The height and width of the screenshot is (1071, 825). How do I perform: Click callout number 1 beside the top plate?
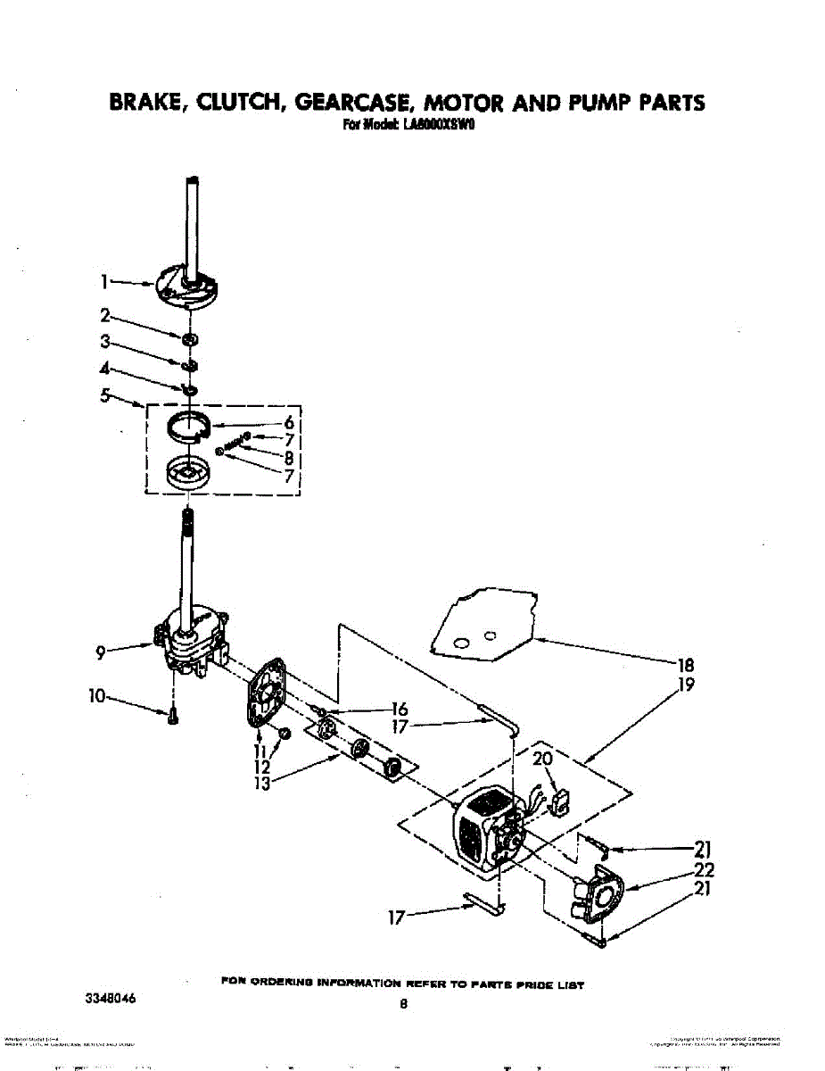point(103,282)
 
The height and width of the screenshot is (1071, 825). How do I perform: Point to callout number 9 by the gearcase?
point(103,653)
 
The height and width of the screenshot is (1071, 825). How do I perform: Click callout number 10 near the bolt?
point(97,696)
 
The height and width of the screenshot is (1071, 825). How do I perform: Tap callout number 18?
point(686,665)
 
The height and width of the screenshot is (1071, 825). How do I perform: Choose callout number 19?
point(686,685)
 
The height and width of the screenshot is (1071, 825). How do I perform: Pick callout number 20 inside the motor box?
point(542,760)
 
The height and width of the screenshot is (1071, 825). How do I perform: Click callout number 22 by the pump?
point(703,870)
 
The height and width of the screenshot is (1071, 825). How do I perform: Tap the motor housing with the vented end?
point(479,826)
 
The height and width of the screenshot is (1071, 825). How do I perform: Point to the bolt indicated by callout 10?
point(172,717)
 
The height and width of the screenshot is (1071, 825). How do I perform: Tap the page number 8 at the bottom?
point(403,1004)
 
